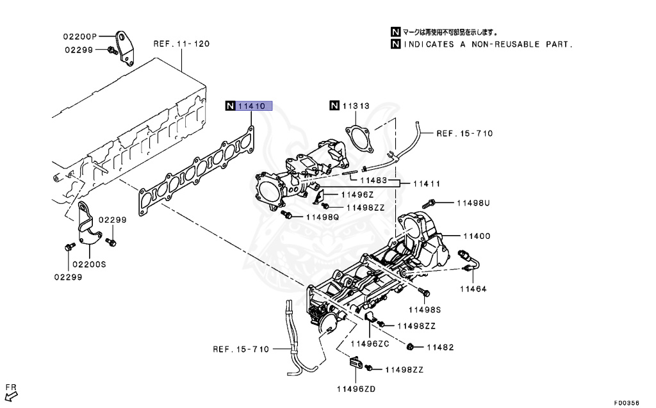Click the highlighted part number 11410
pos(252,106)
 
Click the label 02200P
pos(79,36)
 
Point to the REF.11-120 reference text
pos(181,44)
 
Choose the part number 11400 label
pos(473,236)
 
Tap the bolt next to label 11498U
pos(429,204)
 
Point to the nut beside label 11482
pos(410,347)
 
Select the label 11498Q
pos(322,217)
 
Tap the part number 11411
pos(426,184)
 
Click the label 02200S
pos(88,263)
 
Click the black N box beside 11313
pos(334,106)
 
